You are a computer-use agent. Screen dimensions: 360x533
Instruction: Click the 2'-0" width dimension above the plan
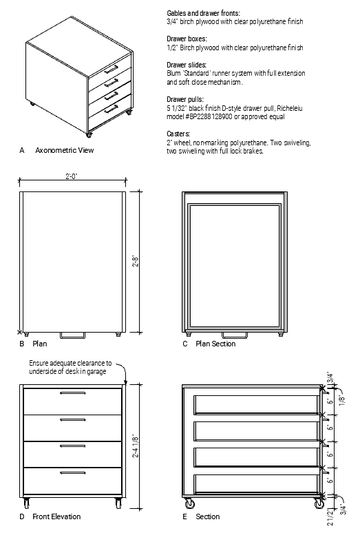(x=72, y=176)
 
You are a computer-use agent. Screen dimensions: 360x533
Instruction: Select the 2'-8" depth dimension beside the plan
(x=135, y=261)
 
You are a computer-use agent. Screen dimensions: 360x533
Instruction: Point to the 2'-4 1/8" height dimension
(x=135, y=446)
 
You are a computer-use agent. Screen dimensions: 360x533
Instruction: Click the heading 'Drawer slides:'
(x=187, y=65)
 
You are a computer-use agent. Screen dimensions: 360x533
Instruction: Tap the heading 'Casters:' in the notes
(x=178, y=134)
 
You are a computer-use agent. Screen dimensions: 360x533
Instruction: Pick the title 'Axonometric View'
(x=65, y=150)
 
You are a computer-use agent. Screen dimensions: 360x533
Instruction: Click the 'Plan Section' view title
(x=215, y=344)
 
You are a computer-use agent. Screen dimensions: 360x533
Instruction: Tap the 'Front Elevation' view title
(x=56, y=516)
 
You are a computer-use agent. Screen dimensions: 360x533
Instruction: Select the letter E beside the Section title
(x=184, y=516)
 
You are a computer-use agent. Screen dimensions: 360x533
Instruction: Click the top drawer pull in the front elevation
(x=73, y=393)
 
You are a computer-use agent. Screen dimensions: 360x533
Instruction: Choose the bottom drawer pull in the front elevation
(x=73, y=473)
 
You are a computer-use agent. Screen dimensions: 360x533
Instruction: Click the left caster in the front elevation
(x=26, y=503)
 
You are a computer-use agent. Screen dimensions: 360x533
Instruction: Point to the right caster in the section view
(x=319, y=503)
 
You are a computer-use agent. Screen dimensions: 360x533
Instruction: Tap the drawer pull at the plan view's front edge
(x=73, y=335)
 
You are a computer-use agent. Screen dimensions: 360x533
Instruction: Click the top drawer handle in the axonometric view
(x=112, y=69)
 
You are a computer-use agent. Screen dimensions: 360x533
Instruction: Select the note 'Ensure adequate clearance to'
(x=70, y=363)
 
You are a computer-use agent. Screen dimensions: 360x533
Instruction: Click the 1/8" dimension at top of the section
(x=341, y=399)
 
